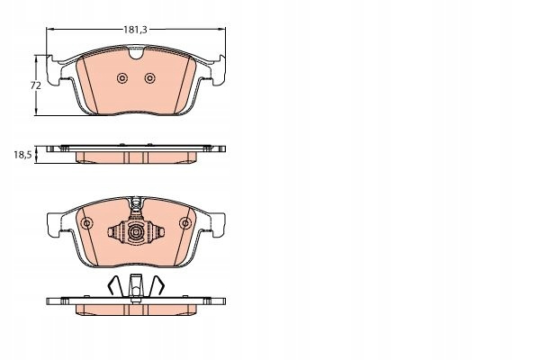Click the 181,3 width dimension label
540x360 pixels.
[x=135, y=30]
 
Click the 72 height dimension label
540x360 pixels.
[x=36, y=85]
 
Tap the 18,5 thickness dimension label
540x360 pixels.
[x=22, y=155]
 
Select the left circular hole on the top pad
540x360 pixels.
[x=122, y=78]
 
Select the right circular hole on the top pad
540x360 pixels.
[x=149, y=78]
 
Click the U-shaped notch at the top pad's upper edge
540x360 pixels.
[x=136, y=53]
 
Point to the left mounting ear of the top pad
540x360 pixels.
[x=54, y=70]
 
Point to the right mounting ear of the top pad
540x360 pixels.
[x=219, y=70]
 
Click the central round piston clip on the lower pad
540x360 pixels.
[x=136, y=233]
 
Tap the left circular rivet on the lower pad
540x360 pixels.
[x=86, y=223]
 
